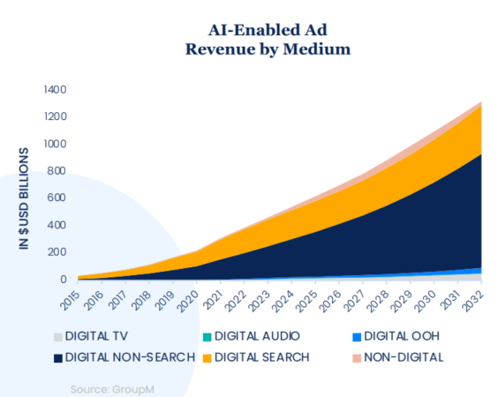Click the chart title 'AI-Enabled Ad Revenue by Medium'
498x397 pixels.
(268, 40)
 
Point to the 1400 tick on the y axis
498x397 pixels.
(56, 90)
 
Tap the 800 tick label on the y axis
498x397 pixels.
(57, 171)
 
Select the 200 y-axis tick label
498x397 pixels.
(57, 252)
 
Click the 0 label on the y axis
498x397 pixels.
(64, 280)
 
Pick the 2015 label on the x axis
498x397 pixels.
(71, 299)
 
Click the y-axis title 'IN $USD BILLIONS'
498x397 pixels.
(24, 198)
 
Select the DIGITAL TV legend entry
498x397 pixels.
(91, 336)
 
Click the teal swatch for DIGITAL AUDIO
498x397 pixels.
(207, 337)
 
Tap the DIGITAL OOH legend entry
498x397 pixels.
(396, 336)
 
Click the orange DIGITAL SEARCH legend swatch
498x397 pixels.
(207, 358)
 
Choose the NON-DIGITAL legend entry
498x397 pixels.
(398, 357)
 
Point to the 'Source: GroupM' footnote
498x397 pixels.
(112, 389)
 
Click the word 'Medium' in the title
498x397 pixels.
(317, 49)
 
